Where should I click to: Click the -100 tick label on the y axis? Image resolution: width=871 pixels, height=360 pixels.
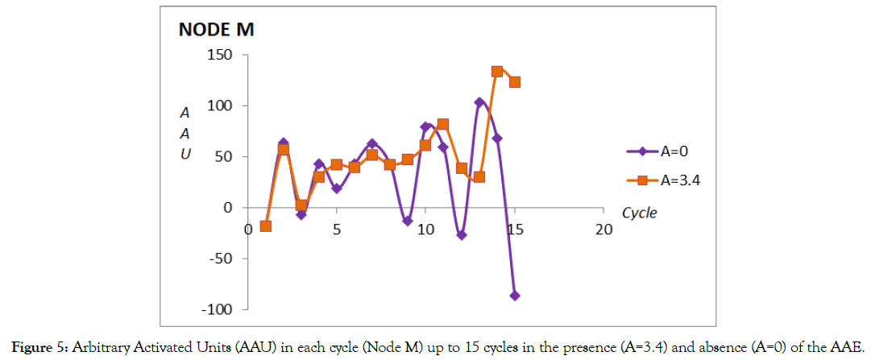(219, 309)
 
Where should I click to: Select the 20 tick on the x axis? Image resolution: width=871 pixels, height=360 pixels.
(603, 230)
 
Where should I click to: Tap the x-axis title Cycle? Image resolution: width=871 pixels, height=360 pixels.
(639, 213)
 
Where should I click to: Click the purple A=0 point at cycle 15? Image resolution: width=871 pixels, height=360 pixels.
(515, 296)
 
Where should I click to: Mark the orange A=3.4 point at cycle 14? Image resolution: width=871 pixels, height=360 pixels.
(497, 72)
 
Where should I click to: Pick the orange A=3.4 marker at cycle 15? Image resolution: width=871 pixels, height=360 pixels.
(515, 82)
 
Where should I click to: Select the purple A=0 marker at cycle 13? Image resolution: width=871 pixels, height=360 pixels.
(479, 102)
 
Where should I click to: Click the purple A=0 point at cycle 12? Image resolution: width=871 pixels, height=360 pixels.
(462, 235)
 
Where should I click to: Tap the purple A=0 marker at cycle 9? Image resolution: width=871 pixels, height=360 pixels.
(408, 221)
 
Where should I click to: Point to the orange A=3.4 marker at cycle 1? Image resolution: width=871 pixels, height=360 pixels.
(266, 226)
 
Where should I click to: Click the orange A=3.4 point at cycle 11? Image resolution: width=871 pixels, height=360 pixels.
(443, 125)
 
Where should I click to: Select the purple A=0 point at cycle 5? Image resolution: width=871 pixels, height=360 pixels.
(337, 188)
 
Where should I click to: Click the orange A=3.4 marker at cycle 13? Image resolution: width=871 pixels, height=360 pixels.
(479, 177)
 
